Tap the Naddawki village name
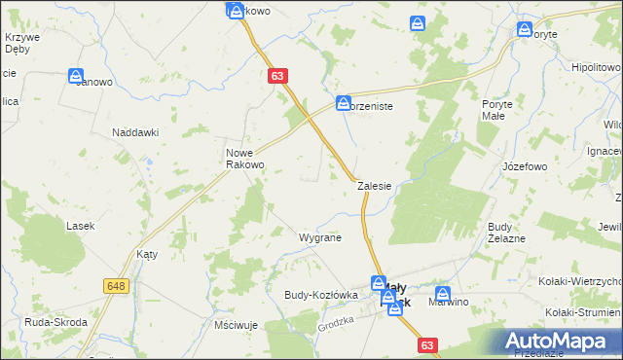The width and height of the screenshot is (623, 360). [135, 132]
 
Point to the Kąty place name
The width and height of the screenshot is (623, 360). [148, 253]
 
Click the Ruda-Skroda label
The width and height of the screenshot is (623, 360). [55, 322]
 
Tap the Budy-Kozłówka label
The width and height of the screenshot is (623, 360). [321, 294]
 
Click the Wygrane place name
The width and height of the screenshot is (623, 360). [319, 237]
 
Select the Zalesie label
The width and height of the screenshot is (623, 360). [374, 185]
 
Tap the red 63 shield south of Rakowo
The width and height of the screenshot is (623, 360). [278, 75]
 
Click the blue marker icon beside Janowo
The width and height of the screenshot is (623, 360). [76, 75]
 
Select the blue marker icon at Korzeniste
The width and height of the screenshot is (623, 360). [344, 101]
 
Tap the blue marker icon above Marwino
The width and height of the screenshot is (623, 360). [443, 293]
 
